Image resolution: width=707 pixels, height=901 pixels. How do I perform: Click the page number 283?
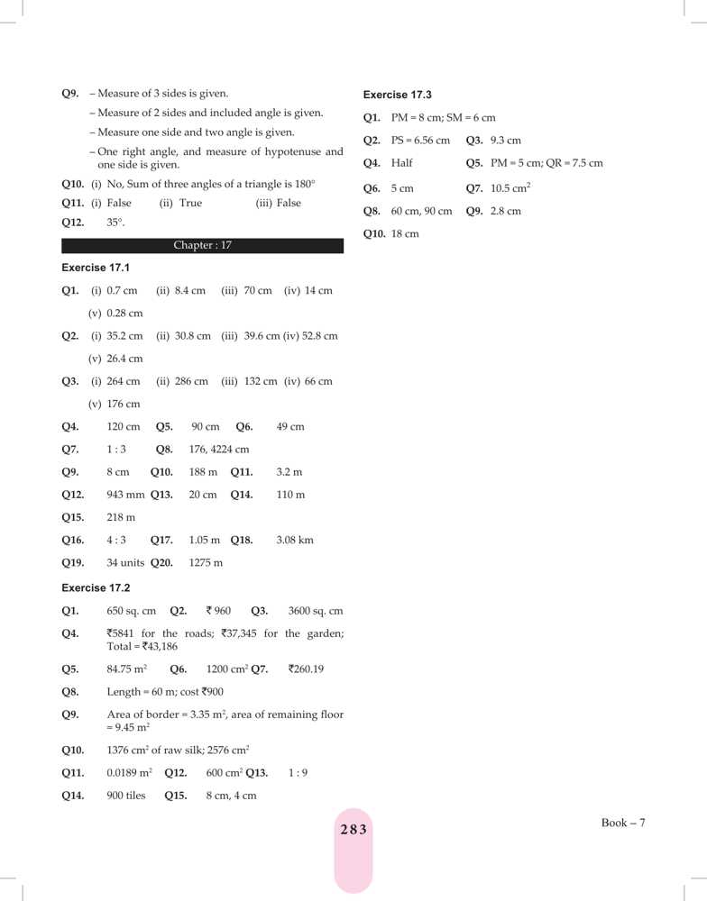click(353, 830)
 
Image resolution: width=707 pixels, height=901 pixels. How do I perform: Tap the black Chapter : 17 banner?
click(202, 245)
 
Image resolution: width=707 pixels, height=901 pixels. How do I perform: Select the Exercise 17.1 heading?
click(96, 268)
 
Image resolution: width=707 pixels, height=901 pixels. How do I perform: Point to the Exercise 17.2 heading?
click(96, 587)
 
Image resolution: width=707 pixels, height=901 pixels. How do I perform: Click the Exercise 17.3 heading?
click(397, 95)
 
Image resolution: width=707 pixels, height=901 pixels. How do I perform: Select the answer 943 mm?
click(125, 495)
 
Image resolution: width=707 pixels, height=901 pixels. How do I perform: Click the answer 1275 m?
click(206, 563)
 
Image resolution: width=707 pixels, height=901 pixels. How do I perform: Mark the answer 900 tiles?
click(125, 796)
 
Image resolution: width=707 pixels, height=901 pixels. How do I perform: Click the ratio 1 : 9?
click(298, 773)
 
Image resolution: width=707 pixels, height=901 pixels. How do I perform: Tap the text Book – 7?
click(624, 823)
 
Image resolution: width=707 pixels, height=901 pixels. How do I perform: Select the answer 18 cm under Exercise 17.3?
click(405, 234)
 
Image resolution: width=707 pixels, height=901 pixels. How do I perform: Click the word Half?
click(402, 164)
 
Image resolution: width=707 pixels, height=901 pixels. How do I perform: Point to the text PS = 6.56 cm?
click(420, 141)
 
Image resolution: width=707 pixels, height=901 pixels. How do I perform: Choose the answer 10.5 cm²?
click(510, 187)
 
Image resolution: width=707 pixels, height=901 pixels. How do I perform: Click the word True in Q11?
click(190, 204)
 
